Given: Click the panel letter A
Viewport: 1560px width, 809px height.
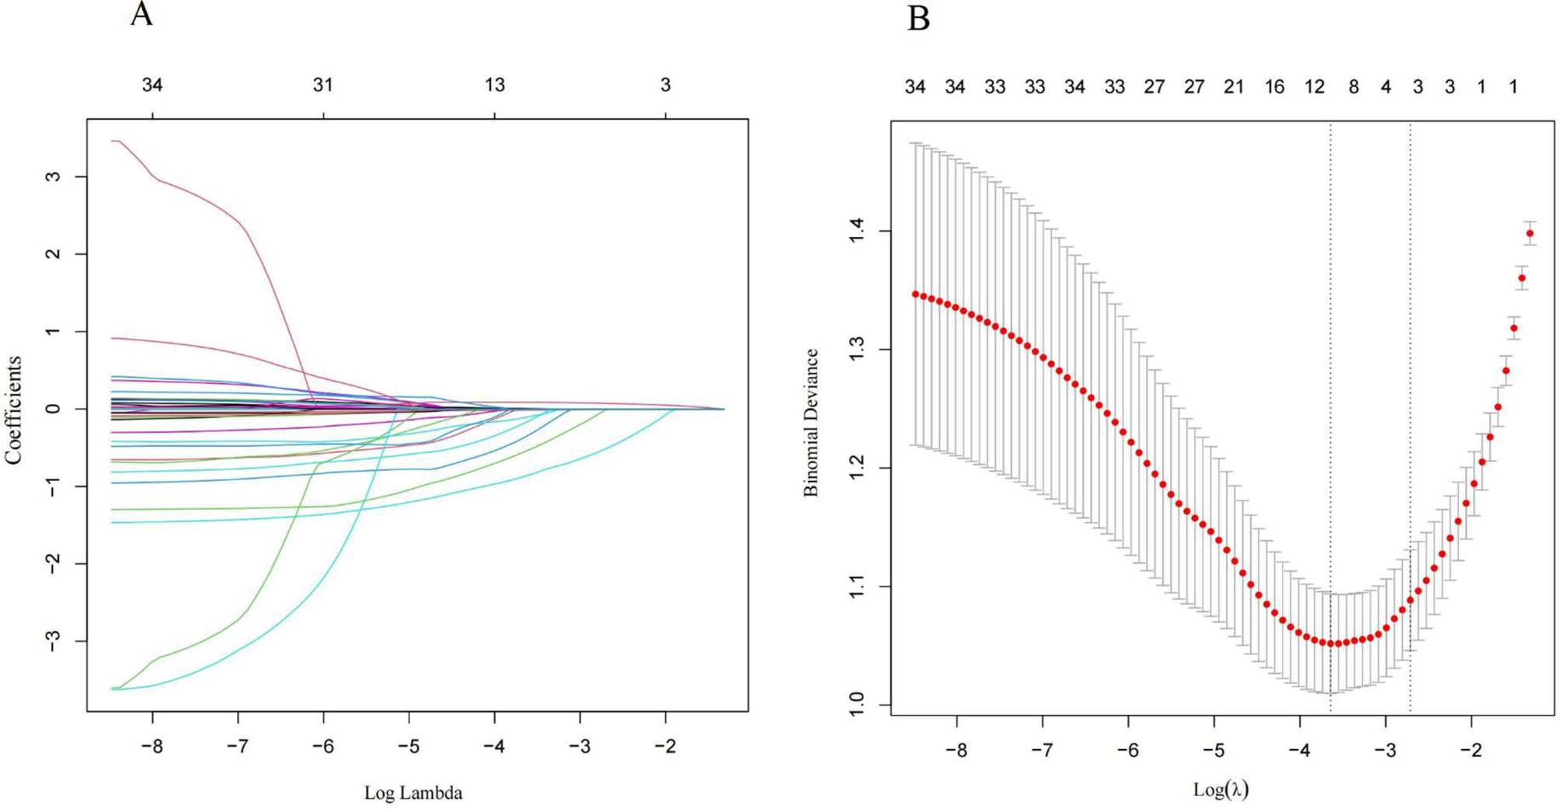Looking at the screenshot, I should click(x=141, y=14).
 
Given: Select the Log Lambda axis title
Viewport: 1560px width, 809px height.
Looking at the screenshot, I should click(x=413, y=793).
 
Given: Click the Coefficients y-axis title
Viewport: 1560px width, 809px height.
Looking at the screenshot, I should click(x=13, y=410).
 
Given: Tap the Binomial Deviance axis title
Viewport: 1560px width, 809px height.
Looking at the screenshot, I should click(x=811, y=423).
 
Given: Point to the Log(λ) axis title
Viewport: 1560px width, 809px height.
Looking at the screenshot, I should click(x=1220, y=790).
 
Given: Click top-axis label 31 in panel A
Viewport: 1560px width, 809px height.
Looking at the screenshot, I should click(x=323, y=85).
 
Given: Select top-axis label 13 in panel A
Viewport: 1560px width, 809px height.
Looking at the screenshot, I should click(x=495, y=85).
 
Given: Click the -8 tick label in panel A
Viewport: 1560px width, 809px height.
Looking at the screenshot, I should click(x=152, y=747).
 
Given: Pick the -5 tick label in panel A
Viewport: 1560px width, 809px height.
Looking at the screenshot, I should click(x=409, y=747).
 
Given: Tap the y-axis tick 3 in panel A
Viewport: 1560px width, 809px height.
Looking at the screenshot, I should click(x=52, y=176).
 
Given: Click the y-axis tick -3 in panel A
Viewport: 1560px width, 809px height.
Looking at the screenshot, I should click(x=52, y=641).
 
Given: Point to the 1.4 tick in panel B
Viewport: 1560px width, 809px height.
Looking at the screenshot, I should click(x=857, y=231).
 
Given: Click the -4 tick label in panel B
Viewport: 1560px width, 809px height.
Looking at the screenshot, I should click(x=1299, y=751).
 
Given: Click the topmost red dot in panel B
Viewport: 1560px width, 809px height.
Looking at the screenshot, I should click(x=1530, y=233).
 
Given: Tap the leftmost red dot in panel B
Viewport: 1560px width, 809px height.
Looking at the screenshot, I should click(x=915, y=295).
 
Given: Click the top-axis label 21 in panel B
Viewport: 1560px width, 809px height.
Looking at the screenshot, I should click(x=1234, y=87).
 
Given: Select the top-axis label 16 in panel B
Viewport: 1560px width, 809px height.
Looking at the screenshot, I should click(x=1274, y=87).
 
